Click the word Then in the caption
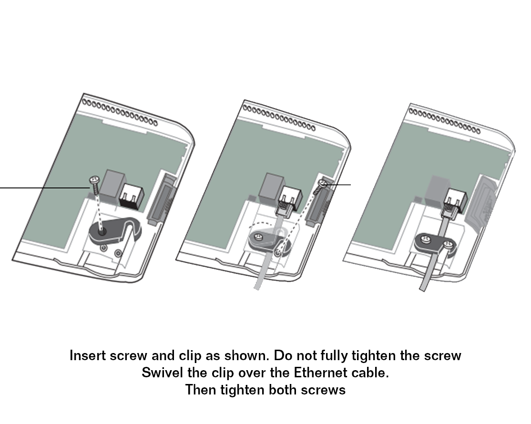pyautogui.click(x=201, y=390)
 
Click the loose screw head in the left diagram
pyautogui.click(x=94, y=179)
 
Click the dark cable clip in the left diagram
pyautogui.click(x=115, y=230)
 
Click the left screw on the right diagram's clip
pyautogui.click(x=425, y=240)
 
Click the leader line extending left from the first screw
pyautogui.click(x=44, y=187)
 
